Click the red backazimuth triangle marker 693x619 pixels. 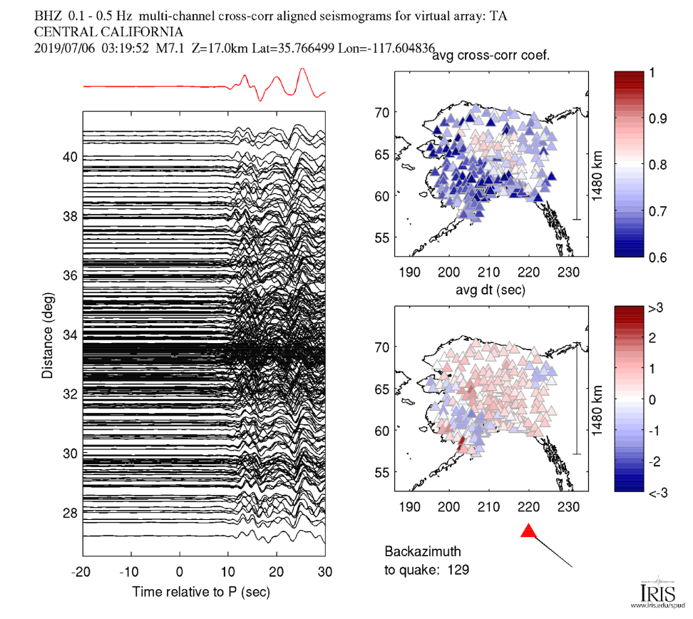(528, 531)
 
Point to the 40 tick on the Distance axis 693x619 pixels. (70, 157)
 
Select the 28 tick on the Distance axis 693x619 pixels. (70, 512)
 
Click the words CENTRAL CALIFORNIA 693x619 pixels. (108, 32)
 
